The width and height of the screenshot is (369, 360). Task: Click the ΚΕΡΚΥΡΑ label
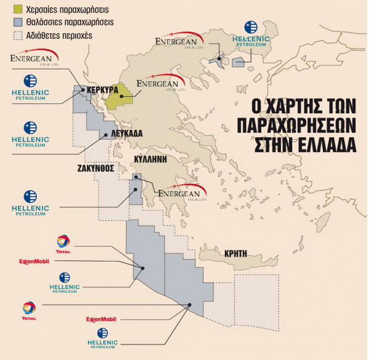pos(104,89)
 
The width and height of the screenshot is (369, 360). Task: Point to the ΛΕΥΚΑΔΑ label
pos(127,133)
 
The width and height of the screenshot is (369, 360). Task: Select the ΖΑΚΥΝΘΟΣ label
pos(95,167)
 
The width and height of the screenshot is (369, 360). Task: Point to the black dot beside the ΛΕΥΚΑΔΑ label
pos(106,134)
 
